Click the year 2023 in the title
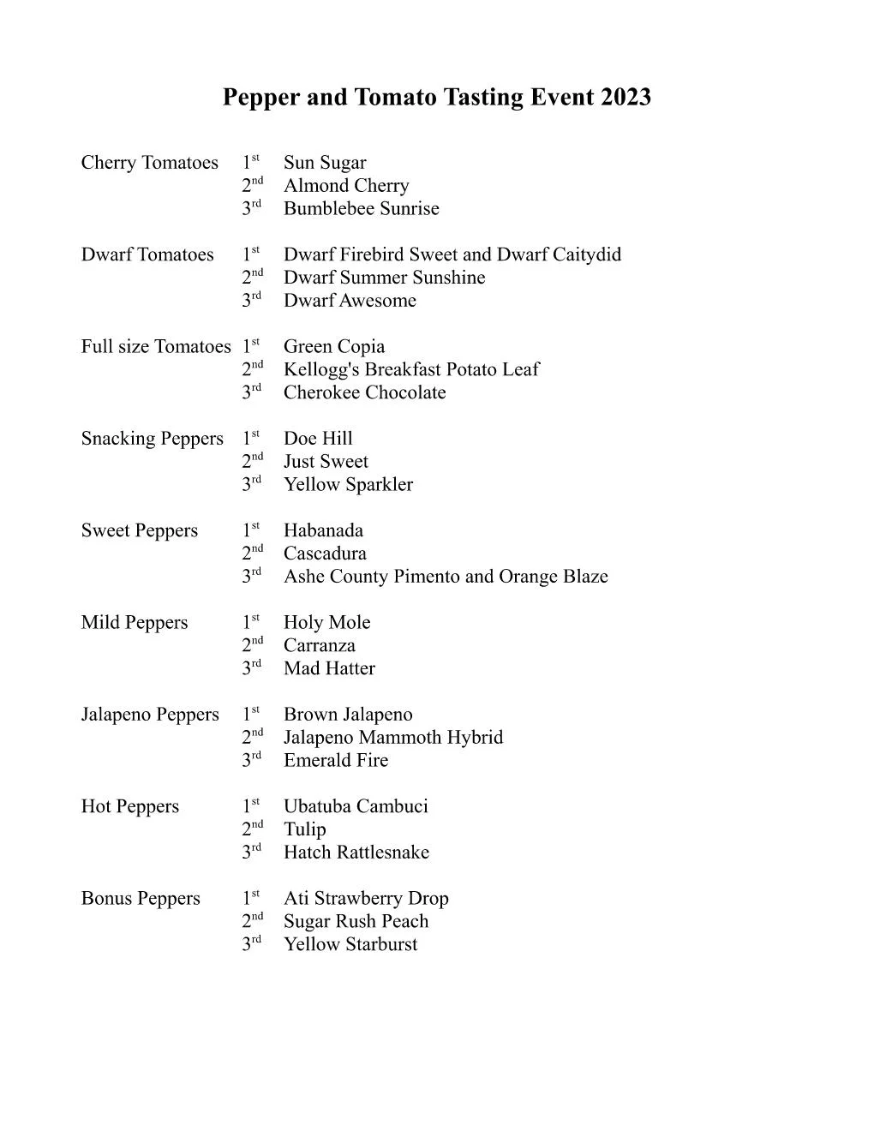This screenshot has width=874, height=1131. pos(625,97)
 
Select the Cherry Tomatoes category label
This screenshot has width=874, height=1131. pos(149,163)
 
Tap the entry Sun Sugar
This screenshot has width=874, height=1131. pos(325,163)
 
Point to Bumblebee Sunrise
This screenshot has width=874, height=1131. pos(361,208)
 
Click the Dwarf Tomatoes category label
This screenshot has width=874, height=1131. pos(147,254)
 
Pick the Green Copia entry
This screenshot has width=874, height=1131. pos(334,346)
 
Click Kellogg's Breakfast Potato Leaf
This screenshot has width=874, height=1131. pos(411,369)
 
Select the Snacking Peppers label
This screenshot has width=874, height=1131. pos(152,439)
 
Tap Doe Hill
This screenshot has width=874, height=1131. pos(318,439)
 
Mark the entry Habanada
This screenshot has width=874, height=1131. pos(323,530)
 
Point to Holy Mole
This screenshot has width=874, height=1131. pos(326,622)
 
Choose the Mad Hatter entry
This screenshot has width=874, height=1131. pos(329,668)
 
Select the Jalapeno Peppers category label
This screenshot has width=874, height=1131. pos(150,715)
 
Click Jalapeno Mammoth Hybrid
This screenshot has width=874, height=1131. pos(393,738)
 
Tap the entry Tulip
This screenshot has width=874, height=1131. pos(304,829)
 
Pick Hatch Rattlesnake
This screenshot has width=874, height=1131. pos(356,853)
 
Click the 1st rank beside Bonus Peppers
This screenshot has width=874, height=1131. pos(250,898)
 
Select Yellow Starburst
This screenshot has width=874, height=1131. pos(350,944)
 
